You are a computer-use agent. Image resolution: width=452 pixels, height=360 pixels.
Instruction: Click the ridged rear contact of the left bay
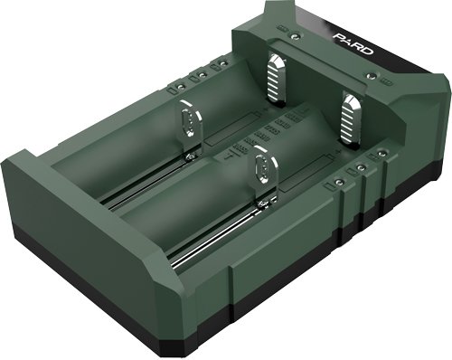tap(277, 78)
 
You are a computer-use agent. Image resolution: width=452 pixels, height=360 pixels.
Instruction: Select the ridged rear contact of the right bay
tap(350, 112)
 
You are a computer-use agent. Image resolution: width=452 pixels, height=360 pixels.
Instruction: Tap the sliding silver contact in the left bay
tap(186, 127)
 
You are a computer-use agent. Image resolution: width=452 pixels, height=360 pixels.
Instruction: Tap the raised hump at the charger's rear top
tap(298, 18)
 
